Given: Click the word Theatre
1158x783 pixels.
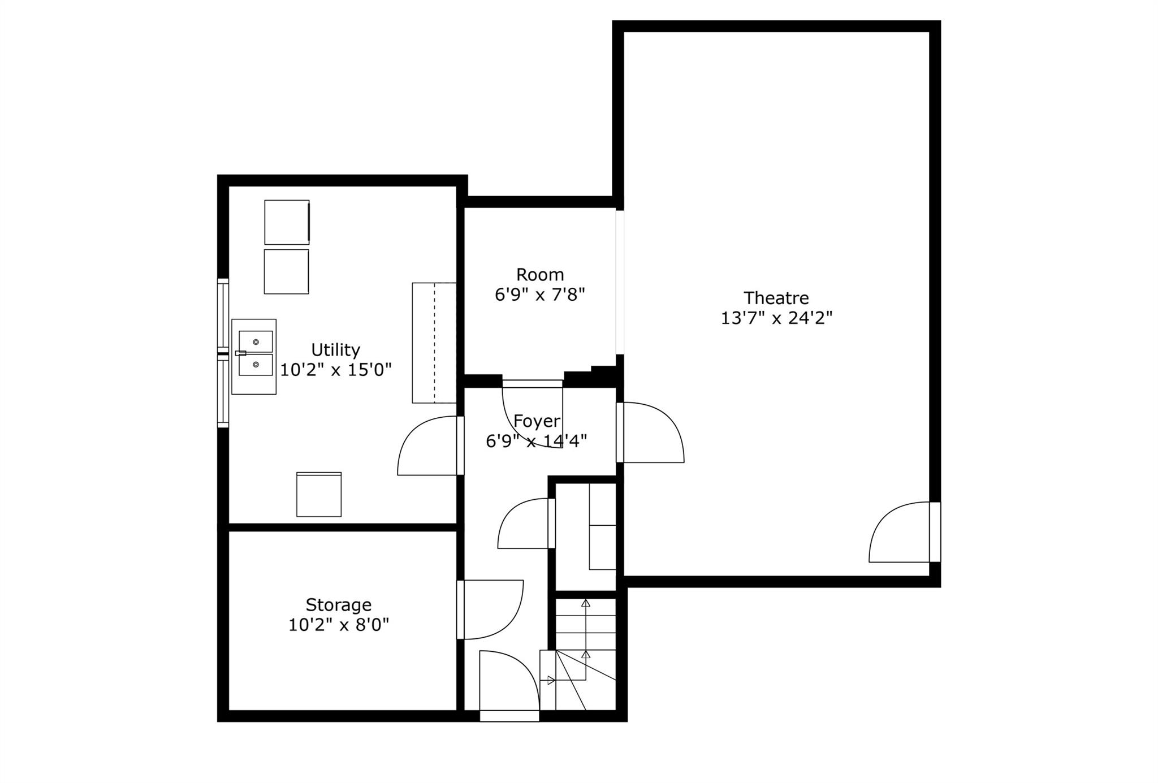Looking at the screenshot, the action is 776,297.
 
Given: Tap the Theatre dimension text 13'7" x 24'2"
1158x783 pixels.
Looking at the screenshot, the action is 776,318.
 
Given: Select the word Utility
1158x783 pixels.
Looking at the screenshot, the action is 335,350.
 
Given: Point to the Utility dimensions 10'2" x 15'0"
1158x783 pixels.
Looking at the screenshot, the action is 336,370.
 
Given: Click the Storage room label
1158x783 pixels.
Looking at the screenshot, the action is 339,605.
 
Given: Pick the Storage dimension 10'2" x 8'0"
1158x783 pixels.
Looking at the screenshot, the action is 339,625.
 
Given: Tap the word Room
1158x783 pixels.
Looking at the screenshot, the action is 540,275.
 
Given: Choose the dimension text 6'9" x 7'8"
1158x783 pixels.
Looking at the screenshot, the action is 540,295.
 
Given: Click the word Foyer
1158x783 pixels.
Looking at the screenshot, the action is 537,421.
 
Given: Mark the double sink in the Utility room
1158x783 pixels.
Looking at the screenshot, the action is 254,356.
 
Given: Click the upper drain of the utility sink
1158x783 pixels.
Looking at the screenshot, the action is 256,342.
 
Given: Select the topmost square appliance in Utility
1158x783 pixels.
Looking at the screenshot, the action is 287,222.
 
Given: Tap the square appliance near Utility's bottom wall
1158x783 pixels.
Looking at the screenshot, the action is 319,494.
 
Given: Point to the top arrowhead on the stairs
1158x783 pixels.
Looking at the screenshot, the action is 586,603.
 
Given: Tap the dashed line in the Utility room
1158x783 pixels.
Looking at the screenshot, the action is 434,343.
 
